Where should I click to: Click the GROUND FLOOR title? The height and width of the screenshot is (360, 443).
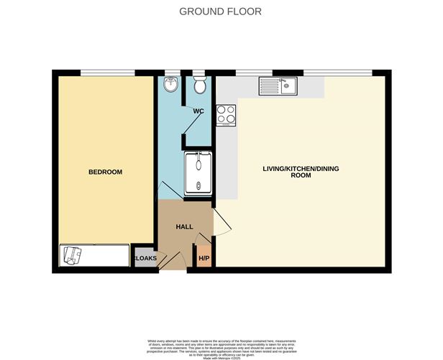pyautogui.click(x=220, y=11)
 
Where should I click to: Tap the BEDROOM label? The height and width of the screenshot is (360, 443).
pyautogui.click(x=105, y=172)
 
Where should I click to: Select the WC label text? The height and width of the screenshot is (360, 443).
pyautogui.click(x=198, y=111)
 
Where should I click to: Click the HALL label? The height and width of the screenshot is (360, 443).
pyautogui.click(x=185, y=227)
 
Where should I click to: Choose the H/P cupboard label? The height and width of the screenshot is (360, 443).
pyautogui.click(x=204, y=259)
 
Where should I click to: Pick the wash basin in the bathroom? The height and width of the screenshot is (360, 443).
pyautogui.click(x=171, y=83)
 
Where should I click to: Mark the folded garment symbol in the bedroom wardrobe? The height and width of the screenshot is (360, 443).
pyautogui.click(x=73, y=255)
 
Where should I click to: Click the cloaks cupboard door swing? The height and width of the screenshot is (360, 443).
pyautogui.click(x=167, y=259)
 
